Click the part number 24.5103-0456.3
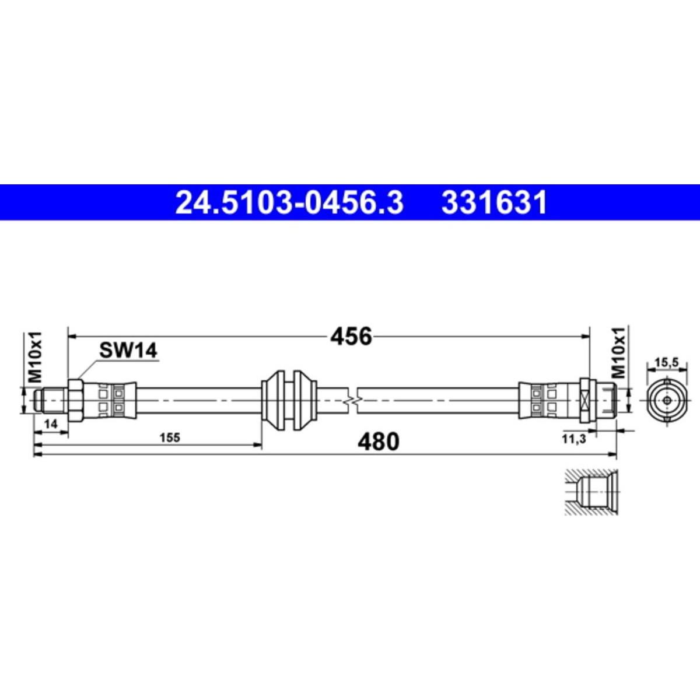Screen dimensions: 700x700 [x=289, y=203]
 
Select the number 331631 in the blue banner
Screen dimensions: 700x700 [x=494, y=203]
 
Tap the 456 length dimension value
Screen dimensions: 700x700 [x=351, y=337]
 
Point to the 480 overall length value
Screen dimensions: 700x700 [x=379, y=442]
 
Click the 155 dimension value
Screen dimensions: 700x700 [x=170, y=437]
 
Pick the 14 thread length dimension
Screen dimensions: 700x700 [x=51, y=424]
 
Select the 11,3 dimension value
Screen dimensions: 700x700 [x=574, y=439]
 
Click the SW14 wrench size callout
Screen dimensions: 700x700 [x=128, y=351]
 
